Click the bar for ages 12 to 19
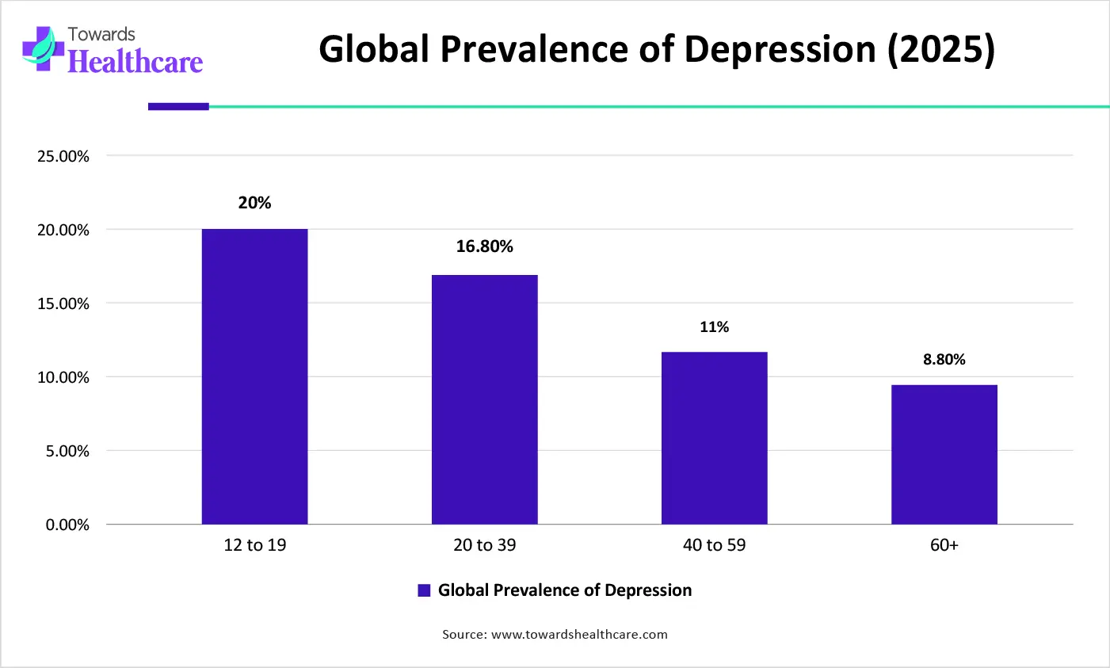point(254,376)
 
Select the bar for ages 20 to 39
point(484,399)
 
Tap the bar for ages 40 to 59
point(714,437)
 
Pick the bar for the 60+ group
point(944,454)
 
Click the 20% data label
point(254,203)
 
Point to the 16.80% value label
point(484,246)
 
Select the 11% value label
point(714,326)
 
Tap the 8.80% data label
point(944,360)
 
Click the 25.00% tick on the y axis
point(63,156)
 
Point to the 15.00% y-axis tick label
point(63,303)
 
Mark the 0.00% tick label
point(67,525)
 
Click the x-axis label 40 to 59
point(714,545)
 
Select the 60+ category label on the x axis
point(944,545)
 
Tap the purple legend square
point(424,590)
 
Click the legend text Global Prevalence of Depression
point(564,590)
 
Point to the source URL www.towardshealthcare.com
point(579,634)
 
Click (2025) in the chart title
point(940,49)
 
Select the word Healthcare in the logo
point(135,62)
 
